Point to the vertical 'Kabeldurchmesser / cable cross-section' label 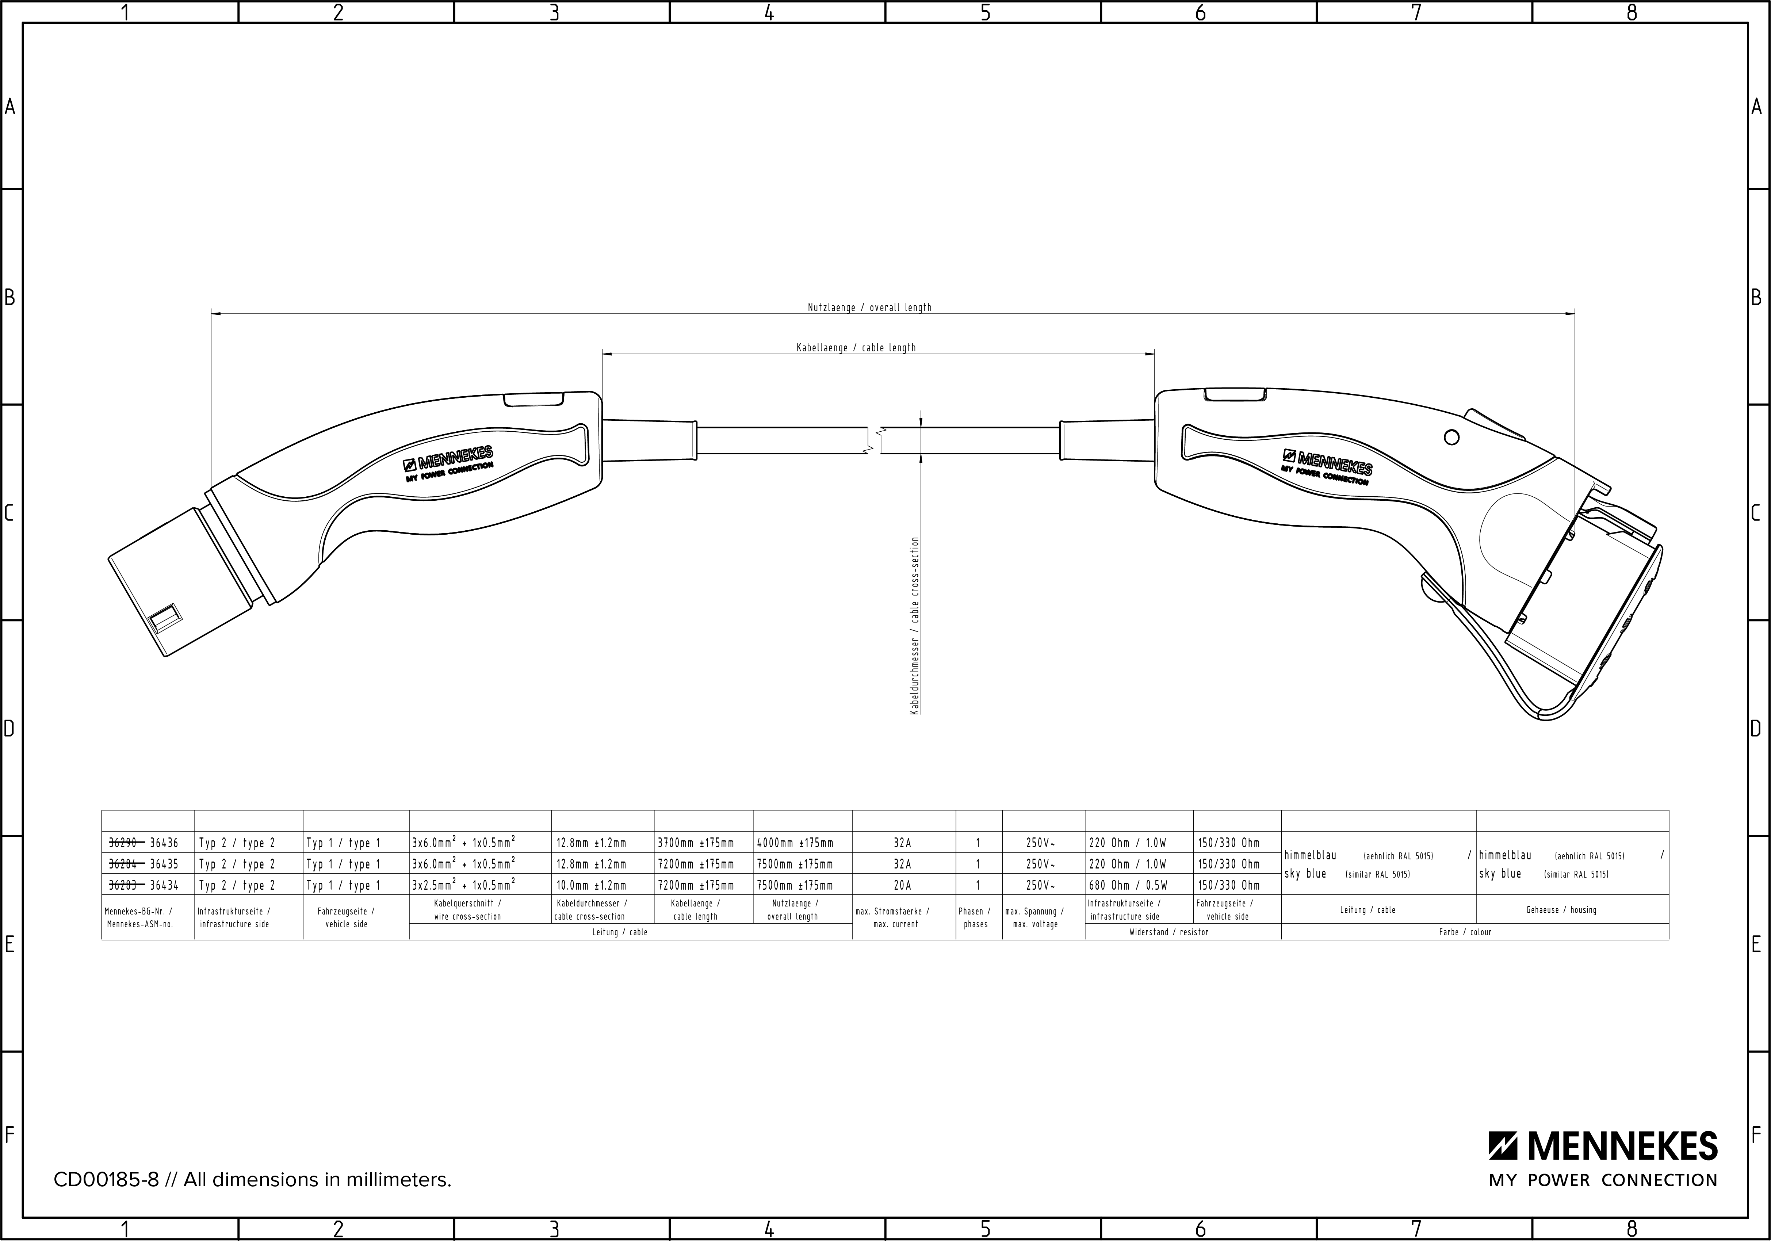point(915,626)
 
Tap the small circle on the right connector point(1451,437)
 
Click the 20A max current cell point(902,885)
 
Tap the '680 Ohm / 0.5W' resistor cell point(1128,885)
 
